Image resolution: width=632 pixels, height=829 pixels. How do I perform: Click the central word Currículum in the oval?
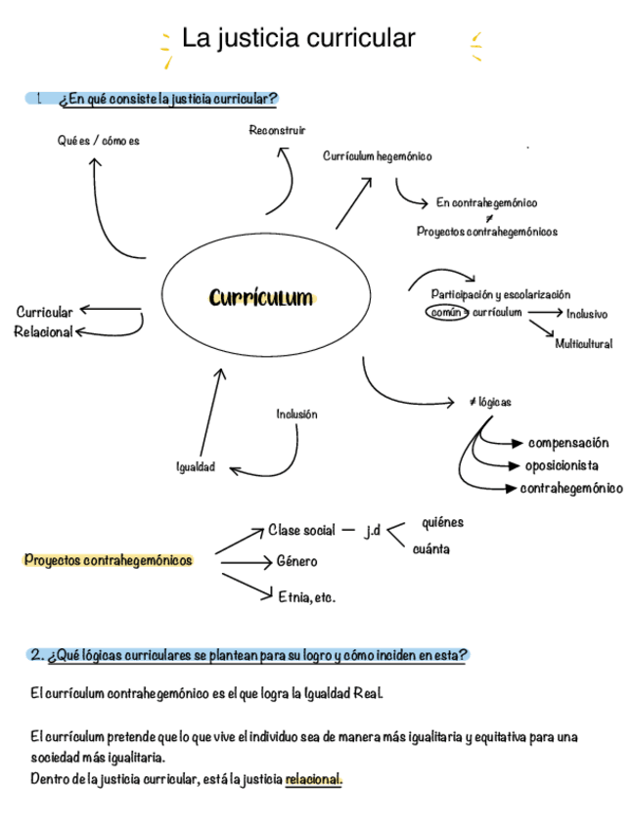click(260, 297)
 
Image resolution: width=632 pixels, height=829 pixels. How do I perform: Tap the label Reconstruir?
click(277, 130)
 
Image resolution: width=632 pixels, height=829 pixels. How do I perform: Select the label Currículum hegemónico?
click(377, 156)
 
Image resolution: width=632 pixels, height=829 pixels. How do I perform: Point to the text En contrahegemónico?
click(486, 203)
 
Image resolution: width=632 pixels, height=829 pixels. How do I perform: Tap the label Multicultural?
click(583, 344)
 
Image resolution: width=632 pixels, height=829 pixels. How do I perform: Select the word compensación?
click(567, 443)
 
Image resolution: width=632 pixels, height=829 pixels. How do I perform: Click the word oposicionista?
click(562, 465)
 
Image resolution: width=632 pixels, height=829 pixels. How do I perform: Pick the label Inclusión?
click(296, 414)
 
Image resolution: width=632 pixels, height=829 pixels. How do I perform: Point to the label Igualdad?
click(196, 467)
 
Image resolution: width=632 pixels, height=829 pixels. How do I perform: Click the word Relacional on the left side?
click(43, 332)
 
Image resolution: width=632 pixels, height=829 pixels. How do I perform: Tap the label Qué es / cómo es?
click(98, 141)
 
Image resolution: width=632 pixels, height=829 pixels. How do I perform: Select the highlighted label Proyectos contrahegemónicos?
click(108, 561)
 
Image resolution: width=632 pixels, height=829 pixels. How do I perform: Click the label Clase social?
click(301, 531)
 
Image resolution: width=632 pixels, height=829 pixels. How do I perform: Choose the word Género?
click(296, 562)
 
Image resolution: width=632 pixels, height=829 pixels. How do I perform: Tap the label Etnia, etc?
click(306, 596)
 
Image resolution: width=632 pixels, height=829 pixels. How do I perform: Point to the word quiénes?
click(442, 522)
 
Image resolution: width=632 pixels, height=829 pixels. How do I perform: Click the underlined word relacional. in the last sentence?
click(313, 780)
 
